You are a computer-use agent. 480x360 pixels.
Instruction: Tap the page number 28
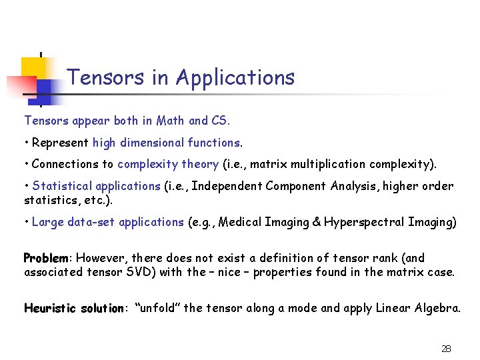pyautogui.click(x=446, y=349)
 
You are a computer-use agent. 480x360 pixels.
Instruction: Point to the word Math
pyautogui.click(x=171, y=121)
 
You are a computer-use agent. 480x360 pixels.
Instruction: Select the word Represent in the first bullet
pyautogui.click(x=61, y=143)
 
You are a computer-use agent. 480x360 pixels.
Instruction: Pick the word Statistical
pyautogui.click(x=62, y=186)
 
